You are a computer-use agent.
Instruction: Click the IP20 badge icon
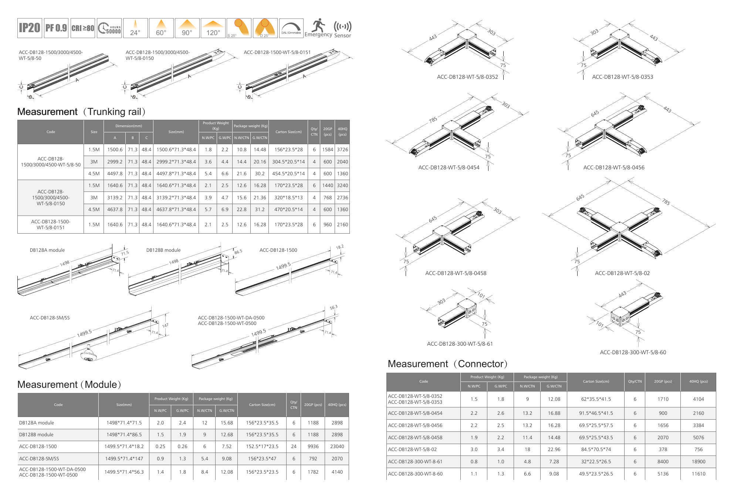point(30,28)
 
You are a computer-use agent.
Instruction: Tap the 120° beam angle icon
point(213,28)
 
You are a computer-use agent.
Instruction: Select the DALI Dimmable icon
point(291,28)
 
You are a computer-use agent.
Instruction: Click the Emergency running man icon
point(318,26)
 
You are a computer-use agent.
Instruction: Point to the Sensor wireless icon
point(342,26)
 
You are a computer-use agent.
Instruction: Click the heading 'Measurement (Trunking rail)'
point(82,112)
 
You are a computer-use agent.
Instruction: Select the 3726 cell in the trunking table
point(342,150)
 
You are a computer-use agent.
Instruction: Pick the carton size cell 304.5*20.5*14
point(288,162)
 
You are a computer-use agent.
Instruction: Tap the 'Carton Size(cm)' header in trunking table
point(288,132)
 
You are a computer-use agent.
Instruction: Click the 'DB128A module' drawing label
point(47,250)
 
